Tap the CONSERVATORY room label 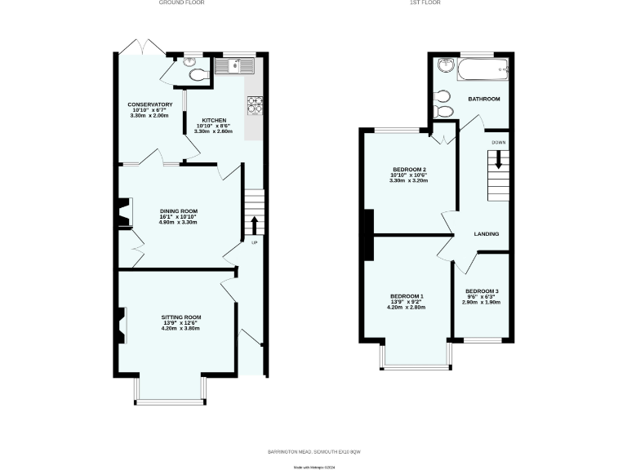click(x=149, y=104)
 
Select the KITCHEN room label click(x=214, y=120)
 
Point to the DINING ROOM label click(x=178, y=211)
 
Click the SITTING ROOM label click(x=180, y=317)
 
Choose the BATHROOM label click(x=483, y=99)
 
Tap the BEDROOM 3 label click(x=482, y=291)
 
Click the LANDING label click(x=487, y=234)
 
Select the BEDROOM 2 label click(x=409, y=169)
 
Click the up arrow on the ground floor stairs click(x=254, y=224)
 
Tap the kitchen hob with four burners click(x=254, y=104)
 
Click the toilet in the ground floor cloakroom click(x=196, y=74)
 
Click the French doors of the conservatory click(x=136, y=47)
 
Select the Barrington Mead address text click(x=313, y=451)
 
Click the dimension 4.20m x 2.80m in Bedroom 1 click(x=406, y=308)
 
